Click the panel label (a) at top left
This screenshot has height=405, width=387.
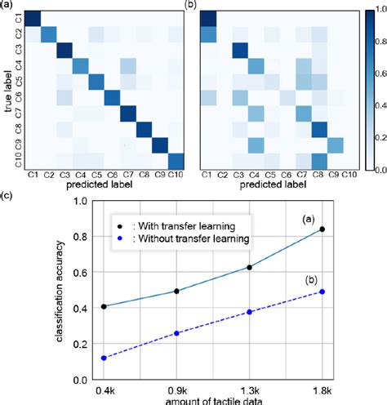[x=8, y=6]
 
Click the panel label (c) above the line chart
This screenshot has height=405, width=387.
[x=8, y=196]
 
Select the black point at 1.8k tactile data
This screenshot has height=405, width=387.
[x=323, y=229]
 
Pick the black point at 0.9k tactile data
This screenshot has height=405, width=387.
[x=176, y=291]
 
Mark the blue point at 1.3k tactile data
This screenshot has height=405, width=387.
[x=249, y=311]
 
